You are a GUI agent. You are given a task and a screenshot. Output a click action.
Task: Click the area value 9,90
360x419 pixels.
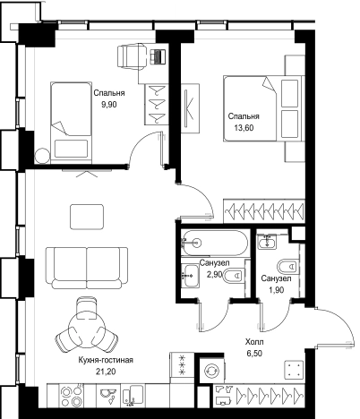tap(108, 105)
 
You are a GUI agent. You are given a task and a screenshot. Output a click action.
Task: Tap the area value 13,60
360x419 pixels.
tap(244, 128)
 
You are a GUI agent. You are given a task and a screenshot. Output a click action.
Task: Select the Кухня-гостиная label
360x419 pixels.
tap(106, 360)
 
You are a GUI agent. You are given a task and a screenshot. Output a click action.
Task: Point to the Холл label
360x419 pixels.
tap(254, 342)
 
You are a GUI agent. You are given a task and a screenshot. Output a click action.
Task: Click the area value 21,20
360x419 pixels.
tap(106, 372)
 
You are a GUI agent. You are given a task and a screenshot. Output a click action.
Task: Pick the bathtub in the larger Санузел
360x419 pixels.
tap(214, 243)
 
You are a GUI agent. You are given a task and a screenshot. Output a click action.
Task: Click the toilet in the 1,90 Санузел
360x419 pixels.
tap(288, 267)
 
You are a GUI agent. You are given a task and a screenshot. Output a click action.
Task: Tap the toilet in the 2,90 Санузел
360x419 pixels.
tap(233, 275)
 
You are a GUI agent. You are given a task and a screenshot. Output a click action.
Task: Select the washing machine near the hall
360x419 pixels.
tap(212, 371)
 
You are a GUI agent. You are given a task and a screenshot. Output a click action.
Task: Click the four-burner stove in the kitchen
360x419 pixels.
tap(72, 396)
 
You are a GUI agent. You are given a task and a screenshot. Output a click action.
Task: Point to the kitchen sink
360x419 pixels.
tap(107, 395)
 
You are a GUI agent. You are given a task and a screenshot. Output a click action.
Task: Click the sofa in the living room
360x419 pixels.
tap(87, 268)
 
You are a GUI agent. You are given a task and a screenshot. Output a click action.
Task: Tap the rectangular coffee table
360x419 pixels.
tap(87, 217)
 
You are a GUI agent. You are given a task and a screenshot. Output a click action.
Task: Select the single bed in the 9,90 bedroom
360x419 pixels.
tap(71, 123)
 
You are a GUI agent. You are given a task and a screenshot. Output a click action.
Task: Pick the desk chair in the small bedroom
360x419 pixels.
tap(132, 56)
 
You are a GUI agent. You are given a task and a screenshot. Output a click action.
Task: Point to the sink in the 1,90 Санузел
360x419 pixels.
tap(268, 242)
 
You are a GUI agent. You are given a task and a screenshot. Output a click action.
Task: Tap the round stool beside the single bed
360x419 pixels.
tap(42, 156)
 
